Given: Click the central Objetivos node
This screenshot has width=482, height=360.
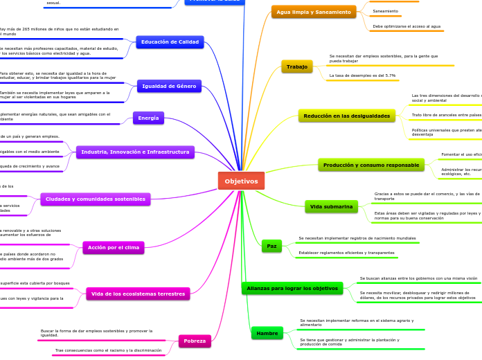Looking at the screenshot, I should [x=241, y=181].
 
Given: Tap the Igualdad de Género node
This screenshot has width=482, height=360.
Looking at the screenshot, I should [x=169, y=86].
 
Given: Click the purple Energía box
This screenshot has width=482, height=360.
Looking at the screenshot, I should [x=148, y=118].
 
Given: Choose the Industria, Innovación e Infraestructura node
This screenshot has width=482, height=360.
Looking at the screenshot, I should [x=135, y=152].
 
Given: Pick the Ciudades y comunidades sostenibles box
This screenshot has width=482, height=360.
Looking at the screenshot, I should [x=95, y=199].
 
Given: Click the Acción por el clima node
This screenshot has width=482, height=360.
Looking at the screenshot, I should [x=114, y=247].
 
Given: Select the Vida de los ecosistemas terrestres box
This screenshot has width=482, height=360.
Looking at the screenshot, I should [x=138, y=294].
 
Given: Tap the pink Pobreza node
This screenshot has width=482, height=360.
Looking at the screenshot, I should [x=194, y=341].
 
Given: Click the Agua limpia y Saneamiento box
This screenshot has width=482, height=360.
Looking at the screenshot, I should [x=314, y=12].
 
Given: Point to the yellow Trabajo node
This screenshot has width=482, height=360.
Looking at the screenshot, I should [x=296, y=66].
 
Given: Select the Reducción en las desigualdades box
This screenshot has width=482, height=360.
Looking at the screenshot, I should [x=346, y=116].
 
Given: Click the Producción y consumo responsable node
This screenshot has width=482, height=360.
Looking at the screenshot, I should [x=371, y=165].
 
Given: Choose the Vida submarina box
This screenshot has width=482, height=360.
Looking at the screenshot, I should [x=331, y=206].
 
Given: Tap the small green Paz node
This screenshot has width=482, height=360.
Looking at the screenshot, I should [x=271, y=246].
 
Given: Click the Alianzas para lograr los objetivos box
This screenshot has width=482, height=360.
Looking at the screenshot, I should [x=292, y=288].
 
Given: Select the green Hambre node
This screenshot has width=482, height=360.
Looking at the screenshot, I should [x=267, y=333].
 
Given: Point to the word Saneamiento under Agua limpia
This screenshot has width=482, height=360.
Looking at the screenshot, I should [x=385, y=12].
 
